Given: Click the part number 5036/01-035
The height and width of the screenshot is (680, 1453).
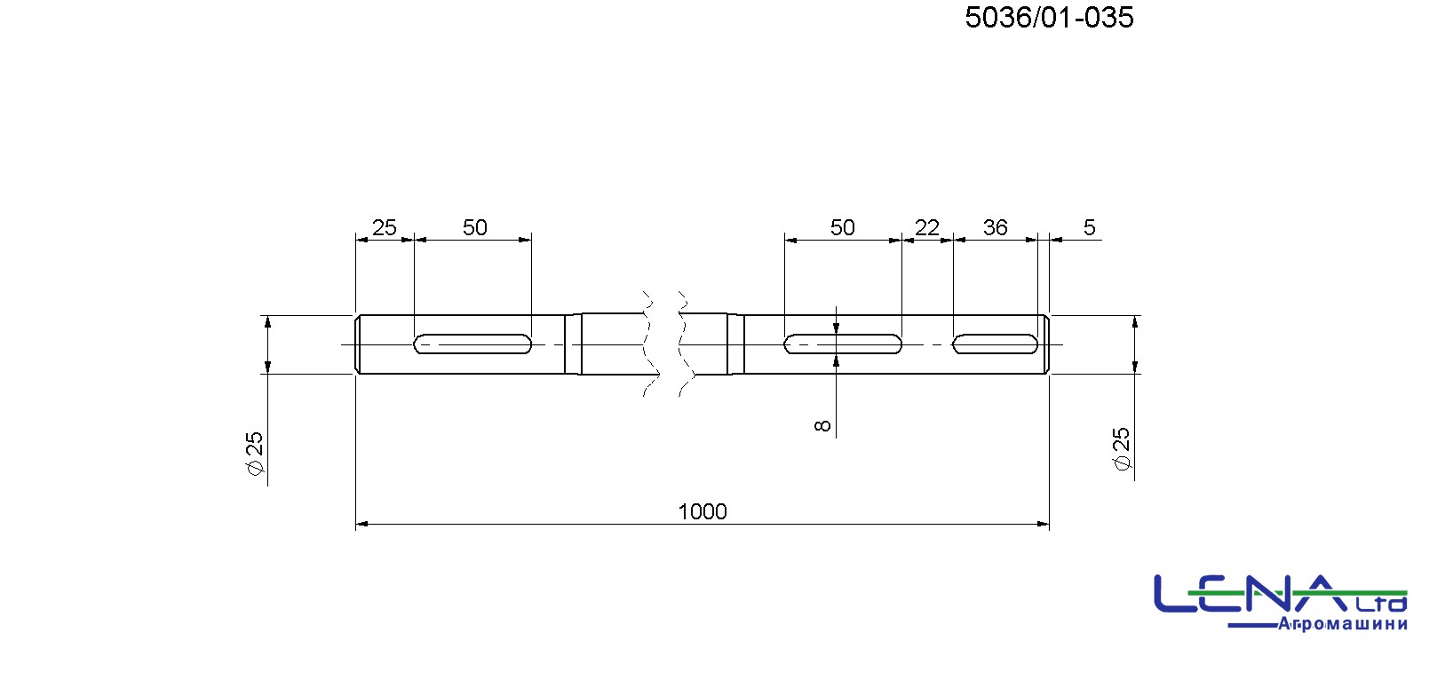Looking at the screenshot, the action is tap(1049, 18).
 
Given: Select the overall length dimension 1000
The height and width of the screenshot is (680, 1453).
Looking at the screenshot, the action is tap(703, 512).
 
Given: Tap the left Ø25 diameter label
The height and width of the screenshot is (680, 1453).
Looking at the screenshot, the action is tap(255, 453).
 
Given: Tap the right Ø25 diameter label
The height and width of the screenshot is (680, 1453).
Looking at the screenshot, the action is tap(1121, 448).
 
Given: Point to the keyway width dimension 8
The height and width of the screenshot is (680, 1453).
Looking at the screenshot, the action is tap(822, 426).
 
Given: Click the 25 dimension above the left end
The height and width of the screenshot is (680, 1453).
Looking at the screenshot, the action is tap(384, 227).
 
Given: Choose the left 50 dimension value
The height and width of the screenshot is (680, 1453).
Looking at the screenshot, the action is tap(475, 227).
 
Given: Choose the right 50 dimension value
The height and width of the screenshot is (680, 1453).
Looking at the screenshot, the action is tap(843, 227).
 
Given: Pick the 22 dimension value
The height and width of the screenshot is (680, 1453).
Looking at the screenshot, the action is tap(927, 227).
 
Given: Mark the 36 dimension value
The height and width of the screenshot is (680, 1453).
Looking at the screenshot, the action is tap(995, 227).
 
